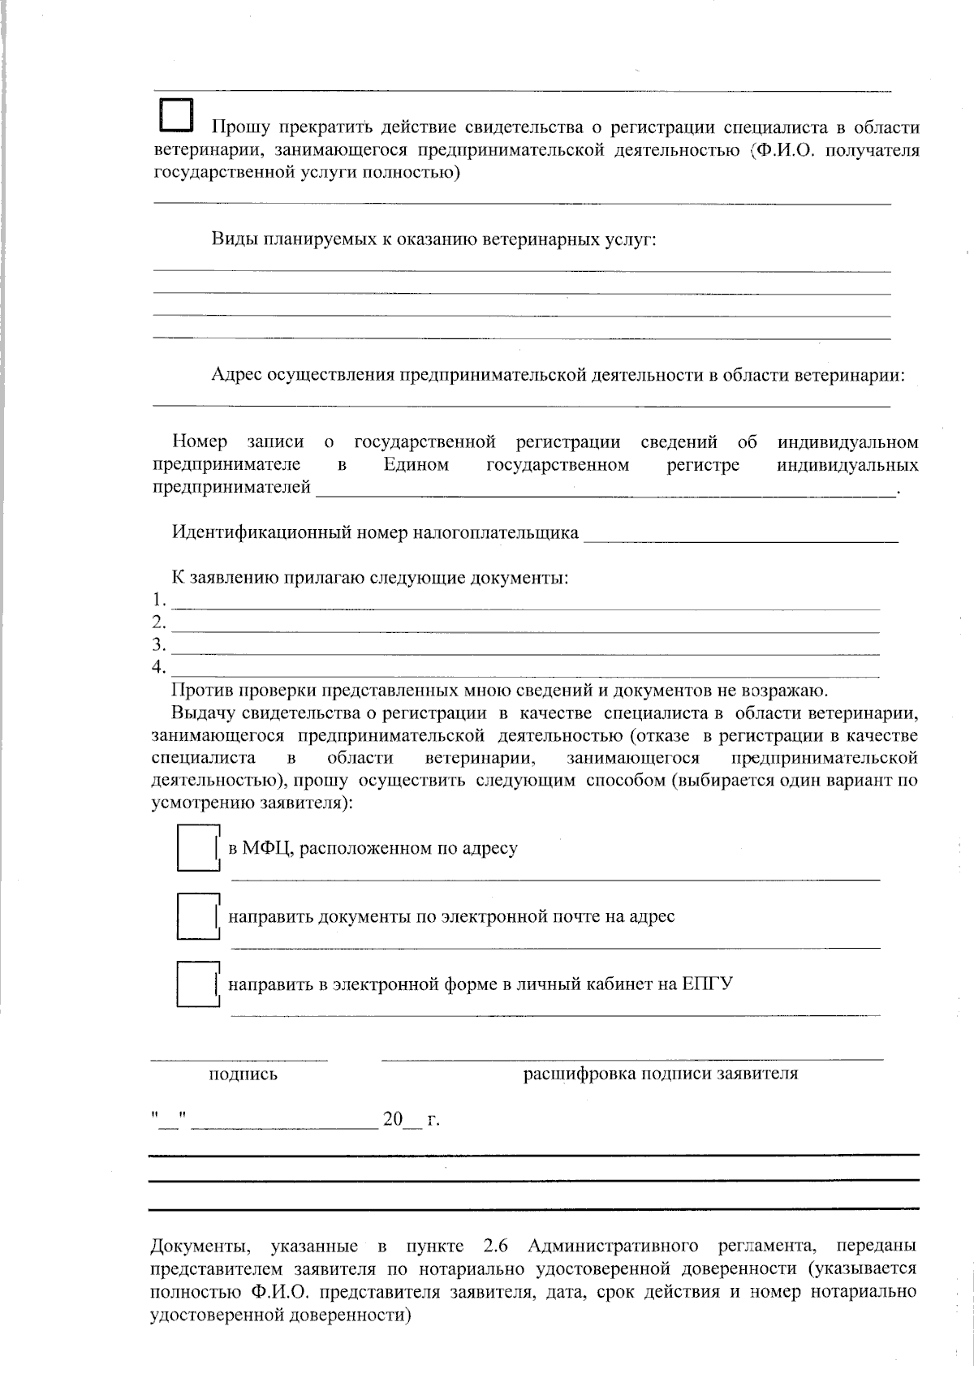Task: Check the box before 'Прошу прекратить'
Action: [176, 115]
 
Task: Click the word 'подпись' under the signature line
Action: [243, 1074]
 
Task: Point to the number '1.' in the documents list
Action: [158, 601]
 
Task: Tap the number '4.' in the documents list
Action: [158, 668]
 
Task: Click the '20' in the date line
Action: [393, 1120]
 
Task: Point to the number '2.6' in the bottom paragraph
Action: [494, 1246]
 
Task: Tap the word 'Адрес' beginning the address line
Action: [236, 375]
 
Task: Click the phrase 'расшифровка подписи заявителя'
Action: [660, 1074]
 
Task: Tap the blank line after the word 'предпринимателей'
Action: [605, 489]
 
